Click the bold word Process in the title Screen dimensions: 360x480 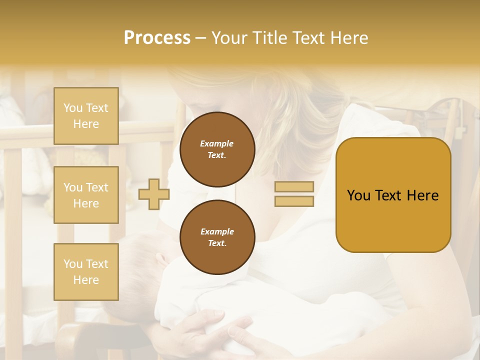[157, 38]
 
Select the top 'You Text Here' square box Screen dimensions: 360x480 [86, 116]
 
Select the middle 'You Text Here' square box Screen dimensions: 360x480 [86, 195]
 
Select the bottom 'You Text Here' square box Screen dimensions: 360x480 [86, 272]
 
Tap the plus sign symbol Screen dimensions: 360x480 [153, 194]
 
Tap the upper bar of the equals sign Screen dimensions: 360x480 [294, 186]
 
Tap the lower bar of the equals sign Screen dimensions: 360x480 [294, 201]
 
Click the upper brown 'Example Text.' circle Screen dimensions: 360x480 [217, 149]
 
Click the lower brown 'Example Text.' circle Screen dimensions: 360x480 [217, 237]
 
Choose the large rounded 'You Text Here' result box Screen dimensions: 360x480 [393, 195]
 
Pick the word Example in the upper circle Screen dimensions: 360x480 [217, 144]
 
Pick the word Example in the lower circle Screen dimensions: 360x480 [217, 232]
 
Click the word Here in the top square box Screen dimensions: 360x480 [86, 124]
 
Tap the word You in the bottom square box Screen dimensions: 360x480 [73, 264]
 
